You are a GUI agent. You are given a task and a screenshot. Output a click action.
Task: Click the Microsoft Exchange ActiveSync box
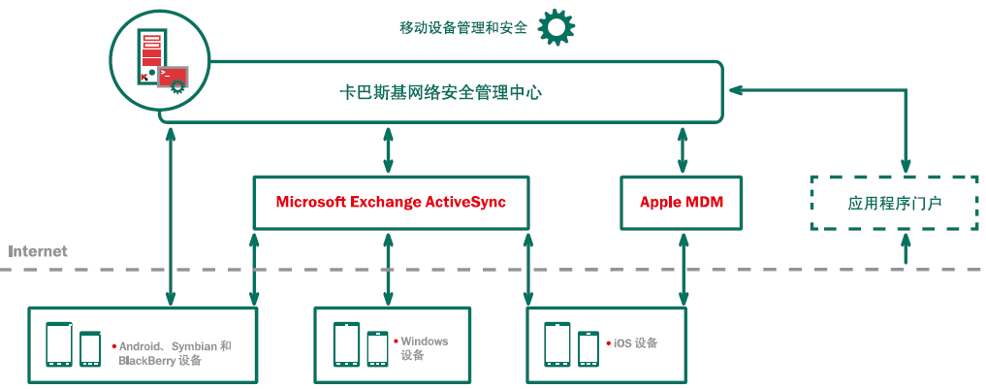391,203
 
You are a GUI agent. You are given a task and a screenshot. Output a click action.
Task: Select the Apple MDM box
682,203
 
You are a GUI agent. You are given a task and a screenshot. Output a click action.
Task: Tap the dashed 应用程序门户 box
894,203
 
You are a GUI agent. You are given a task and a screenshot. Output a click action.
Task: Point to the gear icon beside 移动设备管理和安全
557,27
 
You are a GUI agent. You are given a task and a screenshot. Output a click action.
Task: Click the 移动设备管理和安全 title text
462,28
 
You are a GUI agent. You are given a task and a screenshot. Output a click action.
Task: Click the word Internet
38,251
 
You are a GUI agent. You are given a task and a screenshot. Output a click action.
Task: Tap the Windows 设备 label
424,348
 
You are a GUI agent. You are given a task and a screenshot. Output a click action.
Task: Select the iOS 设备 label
636,343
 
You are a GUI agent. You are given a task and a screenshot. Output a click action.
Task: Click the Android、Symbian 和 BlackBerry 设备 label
175,353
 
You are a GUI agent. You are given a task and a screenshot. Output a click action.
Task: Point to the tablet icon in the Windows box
346,344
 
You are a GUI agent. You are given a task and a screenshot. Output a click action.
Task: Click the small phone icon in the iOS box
588,348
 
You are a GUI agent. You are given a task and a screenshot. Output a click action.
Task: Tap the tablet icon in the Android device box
60,344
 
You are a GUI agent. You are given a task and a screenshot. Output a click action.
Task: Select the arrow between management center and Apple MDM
682,148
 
